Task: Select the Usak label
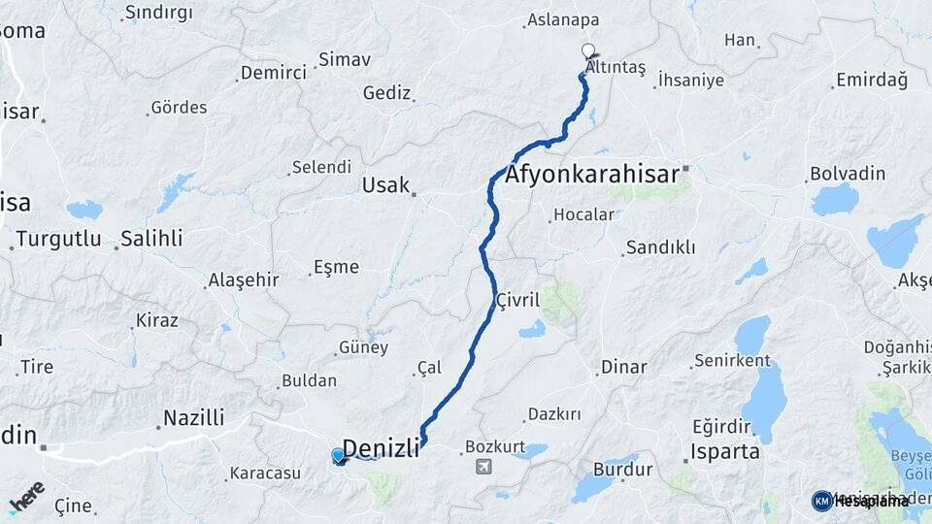(384, 184)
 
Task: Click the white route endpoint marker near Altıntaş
(587, 49)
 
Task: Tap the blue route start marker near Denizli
(338, 454)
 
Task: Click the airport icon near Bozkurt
(484, 467)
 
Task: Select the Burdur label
(622, 470)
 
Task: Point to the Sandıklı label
(660, 247)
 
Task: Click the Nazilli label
(193, 418)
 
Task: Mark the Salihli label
(151, 239)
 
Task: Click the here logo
(27, 497)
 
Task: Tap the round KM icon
(822, 501)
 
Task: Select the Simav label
(345, 59)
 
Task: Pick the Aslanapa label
(562, 19)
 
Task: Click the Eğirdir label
(722, 425)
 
